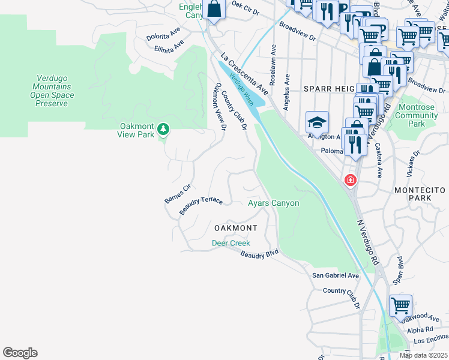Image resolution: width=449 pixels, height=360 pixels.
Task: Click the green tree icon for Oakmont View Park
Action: tap(163, 129)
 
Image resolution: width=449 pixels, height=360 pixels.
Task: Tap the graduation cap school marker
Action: tap(317, 122)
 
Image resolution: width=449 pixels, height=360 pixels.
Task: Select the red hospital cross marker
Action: tap(350, 180)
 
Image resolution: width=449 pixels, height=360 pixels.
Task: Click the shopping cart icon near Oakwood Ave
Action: tap(400, 305)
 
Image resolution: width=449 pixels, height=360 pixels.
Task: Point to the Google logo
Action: tap(20, 353)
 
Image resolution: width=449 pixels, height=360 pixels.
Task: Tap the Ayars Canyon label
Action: tap(274, 203)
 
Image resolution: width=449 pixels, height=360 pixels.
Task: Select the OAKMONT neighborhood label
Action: tap(236, 229)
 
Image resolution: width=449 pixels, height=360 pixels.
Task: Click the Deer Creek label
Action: tap(231, 243)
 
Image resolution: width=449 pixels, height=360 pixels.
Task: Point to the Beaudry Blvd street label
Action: tap(260, 255)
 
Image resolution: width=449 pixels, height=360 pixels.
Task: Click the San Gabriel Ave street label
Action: tap(335, 275)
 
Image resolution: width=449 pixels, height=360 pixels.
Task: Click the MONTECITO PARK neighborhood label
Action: tap(420, 194)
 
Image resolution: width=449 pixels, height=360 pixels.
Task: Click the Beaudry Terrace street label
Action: tap(201, 206)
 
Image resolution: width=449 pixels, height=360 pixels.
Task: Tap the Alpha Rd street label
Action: tap(420, 330)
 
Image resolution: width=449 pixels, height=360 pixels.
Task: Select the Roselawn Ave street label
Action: tap(273, 65)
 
